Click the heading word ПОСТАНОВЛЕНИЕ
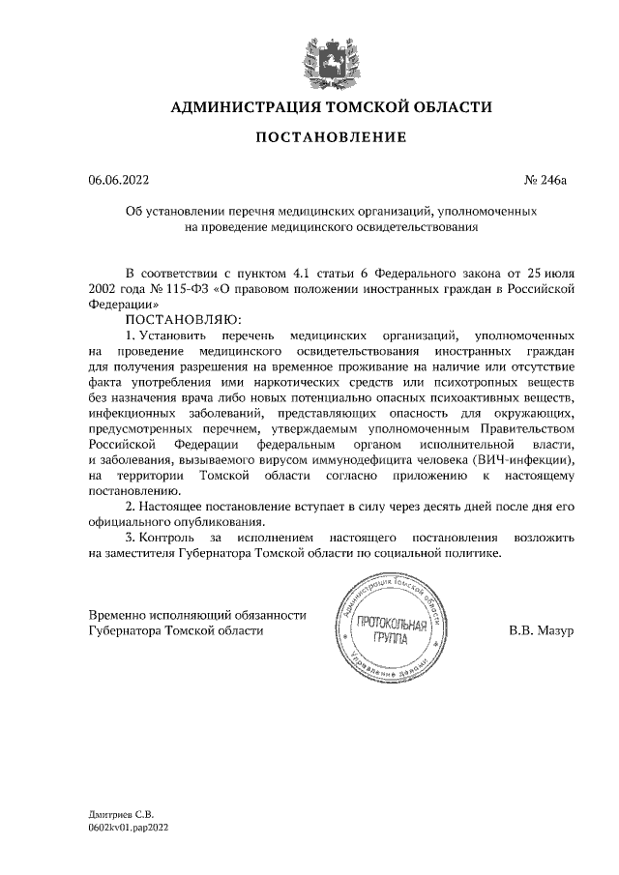330,138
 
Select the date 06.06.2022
119,179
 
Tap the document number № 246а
548,179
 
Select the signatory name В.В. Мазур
542,630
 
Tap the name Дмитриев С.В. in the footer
122,816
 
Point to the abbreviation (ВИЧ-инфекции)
528,458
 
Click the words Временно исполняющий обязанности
197,614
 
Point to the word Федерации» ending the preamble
125,302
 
